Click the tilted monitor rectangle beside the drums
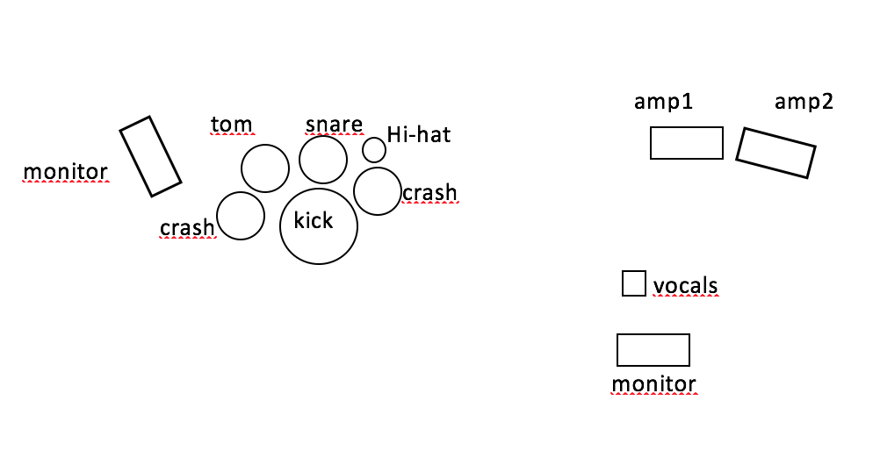click(x=150, y=156)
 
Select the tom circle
click(x=264, y=168)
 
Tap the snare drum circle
click(x=323, y=160)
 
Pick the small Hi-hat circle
click(x=374, y=150)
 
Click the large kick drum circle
click(x=319, y=225)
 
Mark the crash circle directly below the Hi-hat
click(x=378, y=191)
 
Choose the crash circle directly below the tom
click(x=240, y=216)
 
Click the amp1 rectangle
click(x=686, y=143)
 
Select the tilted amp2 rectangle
click(x=775, y=154)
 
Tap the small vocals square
click(x=633, y=283)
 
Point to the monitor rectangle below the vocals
click(x=653, y=349)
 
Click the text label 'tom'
click(x=232, y=125)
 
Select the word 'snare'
click(x=334, y=124)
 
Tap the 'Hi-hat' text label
click(x=419, y=135)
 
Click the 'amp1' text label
click(x=664, y=102)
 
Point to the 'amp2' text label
click(x=804, y=102)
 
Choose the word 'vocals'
click(x=685, y=285)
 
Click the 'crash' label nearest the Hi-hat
click(x=429, y=192)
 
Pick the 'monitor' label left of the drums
click(x=65, y=172)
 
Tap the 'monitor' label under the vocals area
click(x=653, y=383)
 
